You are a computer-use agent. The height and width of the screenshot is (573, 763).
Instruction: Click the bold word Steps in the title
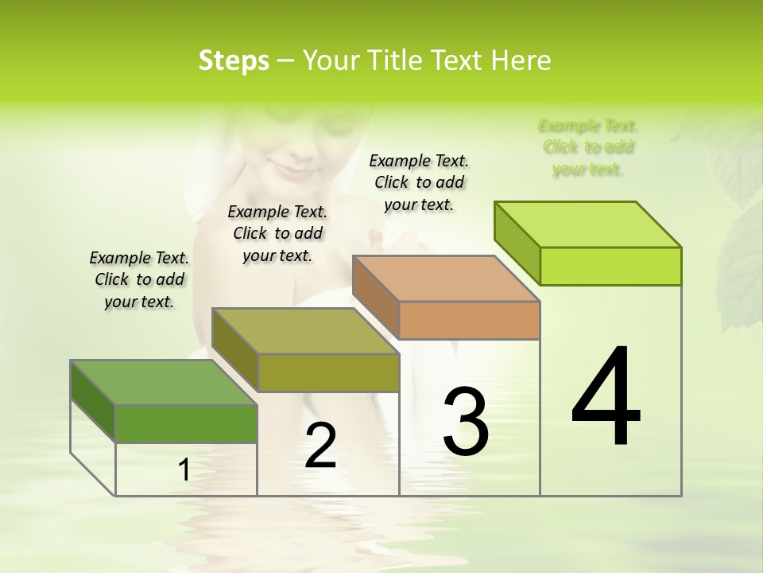click(x=234, y=60)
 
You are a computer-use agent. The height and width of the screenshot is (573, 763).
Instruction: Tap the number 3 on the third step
click(x=466, y=422)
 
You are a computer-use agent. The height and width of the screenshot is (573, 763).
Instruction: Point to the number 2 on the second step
click(x=320, y=446)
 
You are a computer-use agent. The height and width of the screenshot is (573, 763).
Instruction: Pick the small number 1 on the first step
click(x=184, y=470)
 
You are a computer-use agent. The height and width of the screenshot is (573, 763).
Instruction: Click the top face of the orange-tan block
click(x=446, y=279)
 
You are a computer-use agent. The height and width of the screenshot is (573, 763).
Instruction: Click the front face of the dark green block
click(x=186, y=423)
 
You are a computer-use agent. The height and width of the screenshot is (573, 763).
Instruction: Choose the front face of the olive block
click(x=328, y=372)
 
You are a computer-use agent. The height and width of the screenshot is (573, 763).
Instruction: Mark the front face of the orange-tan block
click(x=469, y=320)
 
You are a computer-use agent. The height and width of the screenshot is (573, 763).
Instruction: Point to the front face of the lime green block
click(x=610, y=266)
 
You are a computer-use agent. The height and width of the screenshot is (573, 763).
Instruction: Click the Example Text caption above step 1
click(x=139, y=279)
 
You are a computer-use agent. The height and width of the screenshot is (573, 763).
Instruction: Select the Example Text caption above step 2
click(x=277, y=233)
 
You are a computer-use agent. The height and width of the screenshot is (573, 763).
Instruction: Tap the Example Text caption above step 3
click(x=419, y=182)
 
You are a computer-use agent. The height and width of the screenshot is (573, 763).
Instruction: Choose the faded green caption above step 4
click(x=588, y=147)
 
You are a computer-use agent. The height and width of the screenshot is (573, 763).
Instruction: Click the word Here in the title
click(x=521, y=60)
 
